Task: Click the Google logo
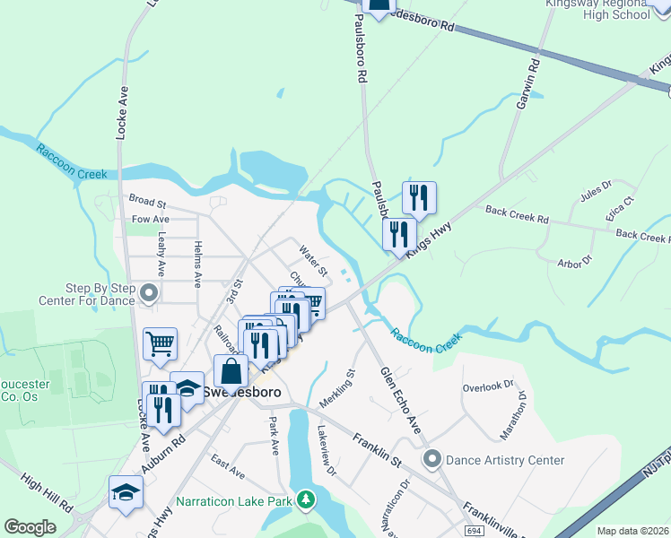(x=30, y=527)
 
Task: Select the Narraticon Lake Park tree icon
(x=307, y=498)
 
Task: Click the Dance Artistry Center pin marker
(x=432, y=460)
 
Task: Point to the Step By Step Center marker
(x=149, y=293)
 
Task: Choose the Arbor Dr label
(x=575, y=261)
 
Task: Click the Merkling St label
(x=338, y=387)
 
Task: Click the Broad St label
(x=147, y=203)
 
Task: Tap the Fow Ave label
(x=150, y=219)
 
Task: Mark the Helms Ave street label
(x=197, y=258)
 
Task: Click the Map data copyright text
(x=632, y=531)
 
